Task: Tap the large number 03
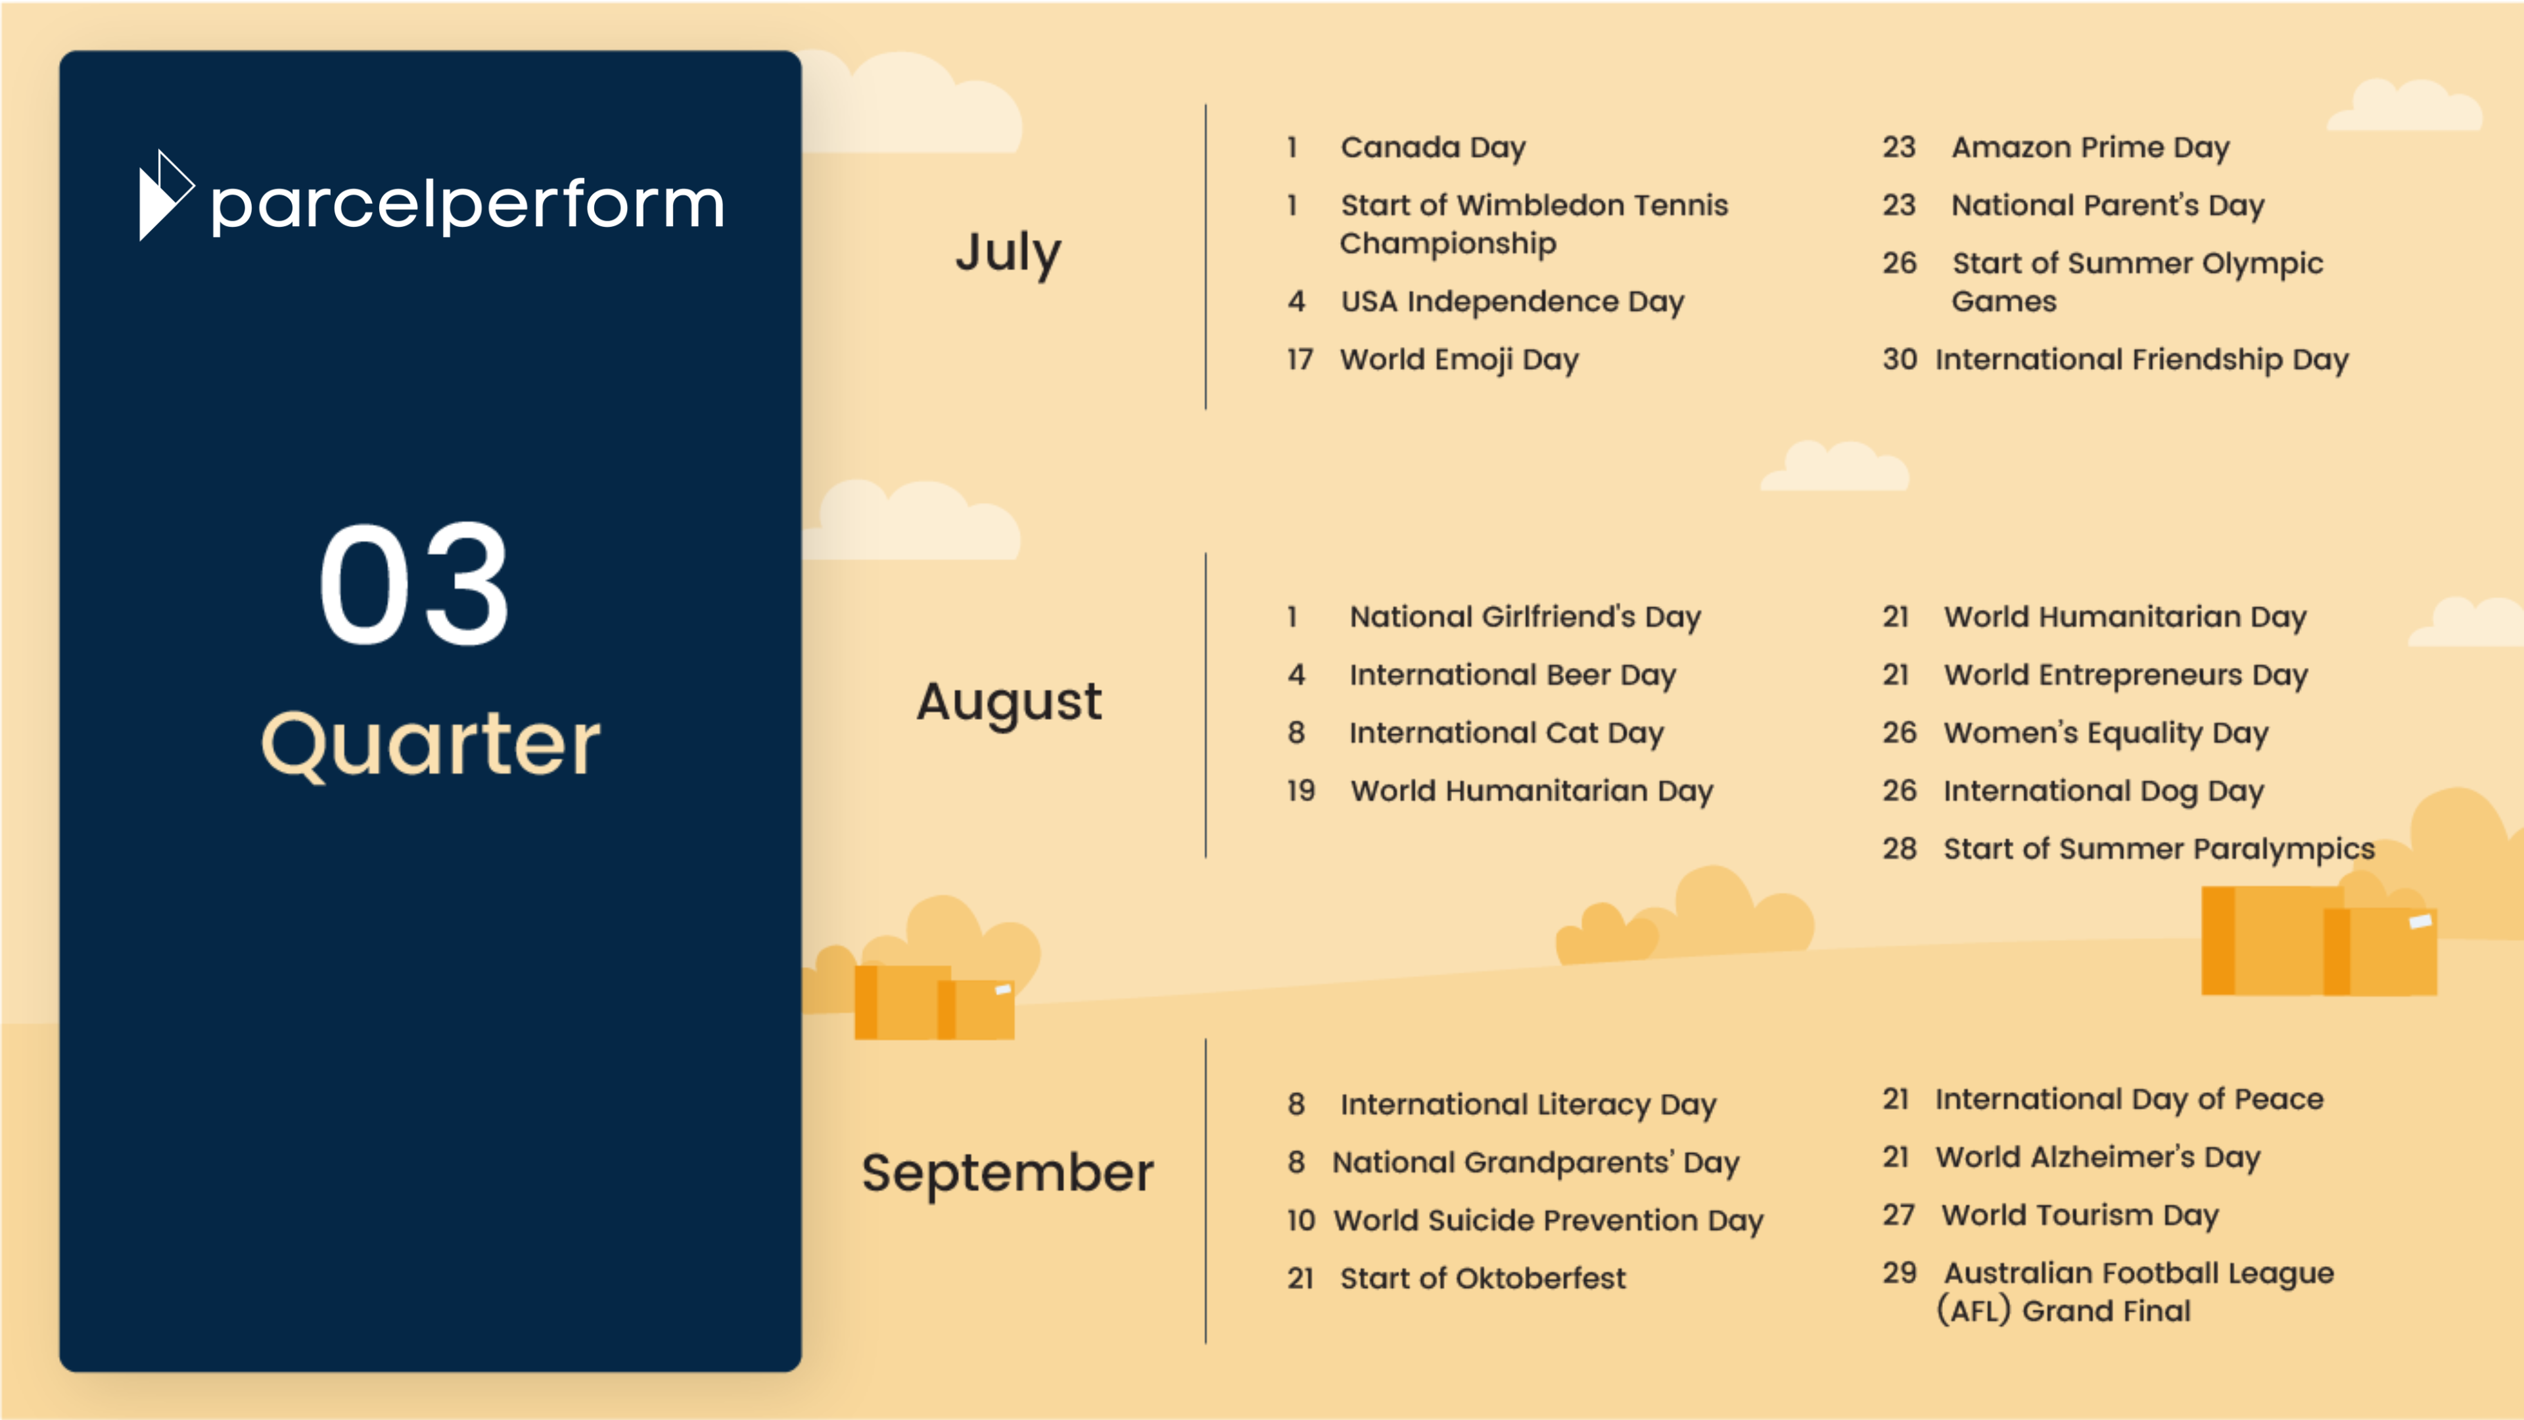[415, 584]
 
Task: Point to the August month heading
[1009, 703]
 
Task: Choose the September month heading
[1007, 1174]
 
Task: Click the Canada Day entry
[1432, 148]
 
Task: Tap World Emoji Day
[1459, 360]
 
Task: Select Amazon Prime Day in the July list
[2090, 148]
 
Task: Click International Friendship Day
[2142, 360]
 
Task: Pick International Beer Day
[1512, 675]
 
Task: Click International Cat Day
[1506, 733]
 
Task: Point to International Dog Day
[2103, 791]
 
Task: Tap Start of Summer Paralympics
[2159, 849]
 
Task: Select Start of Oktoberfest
[1482, 1278]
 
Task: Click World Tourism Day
[2080, 1215]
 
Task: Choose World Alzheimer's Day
[2098, 1157]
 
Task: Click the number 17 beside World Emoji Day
[1300, 360]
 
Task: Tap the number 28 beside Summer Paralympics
[1899, 849]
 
